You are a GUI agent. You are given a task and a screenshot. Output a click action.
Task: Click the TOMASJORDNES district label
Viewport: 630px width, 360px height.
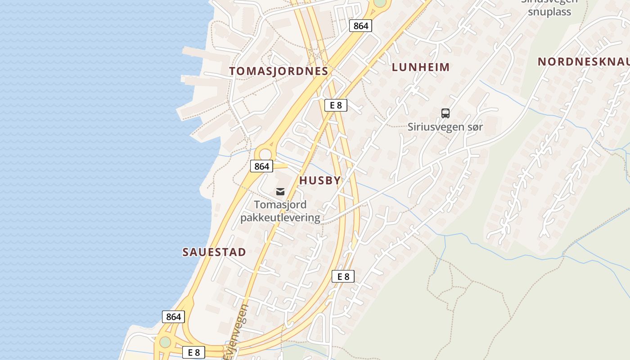pos(279,71)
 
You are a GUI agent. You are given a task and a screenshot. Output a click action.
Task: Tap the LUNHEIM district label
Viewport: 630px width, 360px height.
pos(421,67)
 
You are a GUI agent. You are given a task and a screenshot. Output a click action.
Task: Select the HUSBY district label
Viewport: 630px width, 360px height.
pos(320,180)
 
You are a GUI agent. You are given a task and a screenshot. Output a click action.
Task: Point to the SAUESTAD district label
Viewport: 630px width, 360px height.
pos(214,252)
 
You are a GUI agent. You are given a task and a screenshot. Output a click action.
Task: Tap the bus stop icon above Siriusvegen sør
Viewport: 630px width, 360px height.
pos(445,113)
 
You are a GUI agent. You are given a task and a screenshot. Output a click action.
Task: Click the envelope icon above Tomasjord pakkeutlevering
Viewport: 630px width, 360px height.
pos(280,192)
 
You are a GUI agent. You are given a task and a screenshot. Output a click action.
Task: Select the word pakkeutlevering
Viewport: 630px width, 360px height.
pos(280,218)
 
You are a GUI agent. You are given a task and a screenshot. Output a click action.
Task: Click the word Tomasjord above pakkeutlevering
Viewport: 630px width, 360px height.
pos(280,205)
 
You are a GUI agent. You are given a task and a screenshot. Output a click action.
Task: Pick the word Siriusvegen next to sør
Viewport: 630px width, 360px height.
pos(436,127)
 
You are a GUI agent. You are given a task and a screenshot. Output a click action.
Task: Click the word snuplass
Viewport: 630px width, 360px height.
pos(549,12)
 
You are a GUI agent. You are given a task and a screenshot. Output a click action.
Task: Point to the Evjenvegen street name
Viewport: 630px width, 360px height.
pos(238,331)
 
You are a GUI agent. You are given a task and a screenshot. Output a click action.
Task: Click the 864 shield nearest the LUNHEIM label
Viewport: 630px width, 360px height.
pos(360,26)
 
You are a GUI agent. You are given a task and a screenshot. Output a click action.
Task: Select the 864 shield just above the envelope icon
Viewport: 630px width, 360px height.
pos(261,166)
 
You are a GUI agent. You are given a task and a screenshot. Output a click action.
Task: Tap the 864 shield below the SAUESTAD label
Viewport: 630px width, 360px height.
pos(173,316)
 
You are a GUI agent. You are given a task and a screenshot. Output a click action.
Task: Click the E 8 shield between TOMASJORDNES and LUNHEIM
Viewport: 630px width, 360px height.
pos(336,105)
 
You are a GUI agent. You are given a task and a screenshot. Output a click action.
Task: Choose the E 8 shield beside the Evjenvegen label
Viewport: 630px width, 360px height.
pos(194,352)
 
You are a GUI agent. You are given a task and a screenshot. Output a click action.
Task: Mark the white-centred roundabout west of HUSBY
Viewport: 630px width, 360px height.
pos(265,154)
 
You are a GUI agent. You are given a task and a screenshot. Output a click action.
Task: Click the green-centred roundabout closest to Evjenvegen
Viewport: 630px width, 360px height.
pos(165,342)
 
